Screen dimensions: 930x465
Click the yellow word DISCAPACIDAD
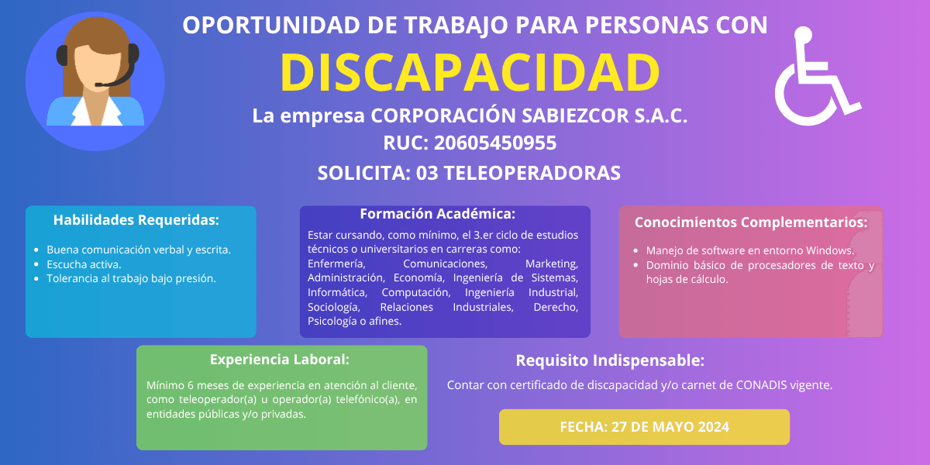click(x=470, y=73)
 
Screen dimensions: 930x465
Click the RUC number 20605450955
click(x=495, y=143)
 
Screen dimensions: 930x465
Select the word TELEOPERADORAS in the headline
click(x=532, y=173)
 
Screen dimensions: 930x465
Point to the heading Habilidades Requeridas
click(x=136, y=220)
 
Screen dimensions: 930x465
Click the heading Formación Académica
click(x=438, y=214)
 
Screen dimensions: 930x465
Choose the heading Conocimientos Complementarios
click(x=751, y=222)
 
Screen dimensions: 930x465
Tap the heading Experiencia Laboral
click(x=280, y=360)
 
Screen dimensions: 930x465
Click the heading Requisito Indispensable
click(x=610, y=360)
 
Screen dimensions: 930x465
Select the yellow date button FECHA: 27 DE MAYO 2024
click(x=644, y=427)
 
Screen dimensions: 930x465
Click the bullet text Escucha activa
click(x=84, y=264)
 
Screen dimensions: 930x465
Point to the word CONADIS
click(x=761, y=385)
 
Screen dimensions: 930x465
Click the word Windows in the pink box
click(x=830, y=251)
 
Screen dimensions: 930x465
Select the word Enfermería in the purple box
click(x=336, y=264)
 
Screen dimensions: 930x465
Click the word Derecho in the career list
click(x=556, y=307)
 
